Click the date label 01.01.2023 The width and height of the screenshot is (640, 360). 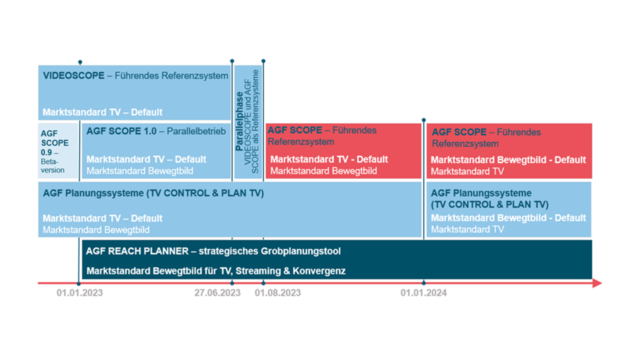[79, 293]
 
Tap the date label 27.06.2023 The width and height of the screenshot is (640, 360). [217, 293]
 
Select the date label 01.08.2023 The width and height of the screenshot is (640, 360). [277, 293]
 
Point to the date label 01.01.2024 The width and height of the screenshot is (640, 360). [423, 293]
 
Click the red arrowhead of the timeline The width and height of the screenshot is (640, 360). [597, 283]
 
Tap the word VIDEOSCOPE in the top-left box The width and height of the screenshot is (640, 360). [73, 75]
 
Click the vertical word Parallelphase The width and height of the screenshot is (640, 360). [239, 121]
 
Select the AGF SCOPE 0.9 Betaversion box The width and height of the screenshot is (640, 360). [58, 151]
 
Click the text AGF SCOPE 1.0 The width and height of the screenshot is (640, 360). [121, 131]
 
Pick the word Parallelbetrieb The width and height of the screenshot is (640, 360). [196, 131]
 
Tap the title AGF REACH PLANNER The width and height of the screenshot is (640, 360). [137, 251]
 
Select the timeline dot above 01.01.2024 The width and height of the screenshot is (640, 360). [423, 283]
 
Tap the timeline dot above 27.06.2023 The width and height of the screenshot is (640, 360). [232, 283]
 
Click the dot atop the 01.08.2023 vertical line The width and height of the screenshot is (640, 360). [263, 61]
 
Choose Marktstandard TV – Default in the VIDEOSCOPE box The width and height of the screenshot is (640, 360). [102, 112]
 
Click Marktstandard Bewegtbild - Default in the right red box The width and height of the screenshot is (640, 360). [508, 160]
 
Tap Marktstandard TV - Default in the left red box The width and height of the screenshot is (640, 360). [329, 159]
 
